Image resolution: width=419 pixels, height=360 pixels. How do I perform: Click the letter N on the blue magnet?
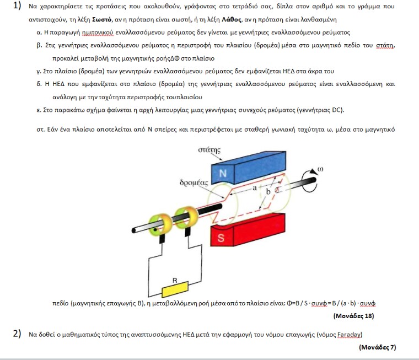(223, 174)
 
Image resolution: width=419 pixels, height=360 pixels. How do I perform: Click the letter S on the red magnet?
(221, 238)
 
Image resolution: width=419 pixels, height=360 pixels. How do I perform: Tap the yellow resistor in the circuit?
(175, 289)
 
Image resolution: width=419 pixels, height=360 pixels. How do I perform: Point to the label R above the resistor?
(175, 281)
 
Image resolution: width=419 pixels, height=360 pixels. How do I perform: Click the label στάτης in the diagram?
(209, 150)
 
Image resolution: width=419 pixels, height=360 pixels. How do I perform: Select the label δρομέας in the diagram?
(194, 182)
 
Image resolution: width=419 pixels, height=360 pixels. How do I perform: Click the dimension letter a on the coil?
(255, 188)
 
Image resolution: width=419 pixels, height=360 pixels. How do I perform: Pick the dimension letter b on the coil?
(268, 191)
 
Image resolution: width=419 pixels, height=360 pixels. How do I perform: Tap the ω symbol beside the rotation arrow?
(320, 169)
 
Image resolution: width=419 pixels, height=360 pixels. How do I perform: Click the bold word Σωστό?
(101, 19)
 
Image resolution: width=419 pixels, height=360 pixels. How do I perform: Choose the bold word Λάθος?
(232, 19)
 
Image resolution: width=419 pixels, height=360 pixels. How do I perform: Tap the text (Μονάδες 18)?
(353, 316)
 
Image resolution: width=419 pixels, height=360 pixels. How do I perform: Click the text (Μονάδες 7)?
(377, 347)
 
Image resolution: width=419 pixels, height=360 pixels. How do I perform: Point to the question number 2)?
(17, 334)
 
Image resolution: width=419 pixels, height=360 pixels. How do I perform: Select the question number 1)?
(17, 6)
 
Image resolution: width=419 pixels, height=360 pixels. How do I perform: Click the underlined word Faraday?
(349, 334)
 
